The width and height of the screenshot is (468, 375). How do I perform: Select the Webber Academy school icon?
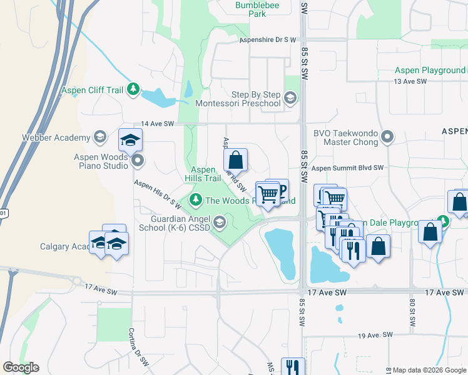point(99,137)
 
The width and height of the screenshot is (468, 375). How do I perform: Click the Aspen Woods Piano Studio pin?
point(138,161)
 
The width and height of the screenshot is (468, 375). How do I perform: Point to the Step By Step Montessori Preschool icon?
point(290,98)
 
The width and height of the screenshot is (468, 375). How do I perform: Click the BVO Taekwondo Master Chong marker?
point(387,136)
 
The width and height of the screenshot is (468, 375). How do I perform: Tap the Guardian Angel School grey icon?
point(220,222)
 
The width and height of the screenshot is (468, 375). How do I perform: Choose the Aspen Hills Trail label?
point(206,174)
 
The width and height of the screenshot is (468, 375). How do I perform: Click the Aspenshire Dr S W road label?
point(267,39)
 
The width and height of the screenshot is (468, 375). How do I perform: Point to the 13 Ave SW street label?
point(410,82)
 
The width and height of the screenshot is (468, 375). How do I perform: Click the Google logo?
point(21,367)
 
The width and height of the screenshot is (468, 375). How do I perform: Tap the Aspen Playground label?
point(430,71)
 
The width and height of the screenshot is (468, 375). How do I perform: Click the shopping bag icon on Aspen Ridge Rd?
point(235,160)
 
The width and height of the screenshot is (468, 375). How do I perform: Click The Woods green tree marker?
point(196,200)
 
